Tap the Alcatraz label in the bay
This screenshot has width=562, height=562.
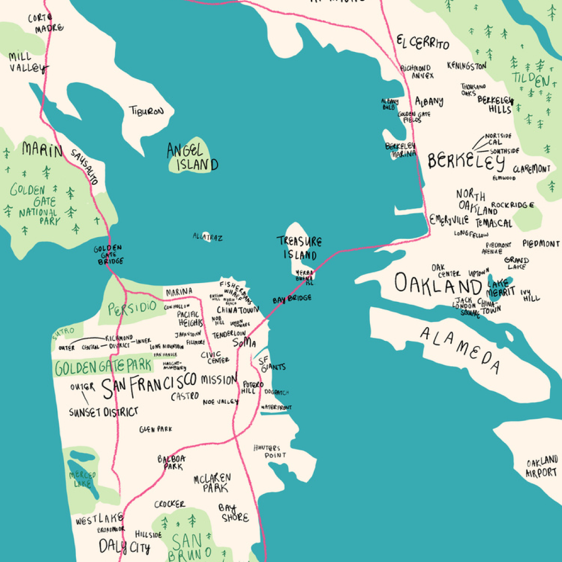coord(208,237)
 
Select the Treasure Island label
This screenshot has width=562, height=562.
coord(299,248)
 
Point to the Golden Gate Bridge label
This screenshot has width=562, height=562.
coord(108,255)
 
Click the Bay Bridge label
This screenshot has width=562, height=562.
coord(292,299)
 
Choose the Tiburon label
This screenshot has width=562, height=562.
coord(147,111)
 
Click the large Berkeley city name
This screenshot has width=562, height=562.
coord(466,162)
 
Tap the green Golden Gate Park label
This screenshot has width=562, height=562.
coord(103,367)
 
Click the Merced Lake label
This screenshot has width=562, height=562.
coord(82,479)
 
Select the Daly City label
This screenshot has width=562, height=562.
coord(124,547)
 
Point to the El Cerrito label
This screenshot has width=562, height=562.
coord(423,43)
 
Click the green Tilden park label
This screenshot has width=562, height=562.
coord(531,80)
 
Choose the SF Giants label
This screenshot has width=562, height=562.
coord(272,363)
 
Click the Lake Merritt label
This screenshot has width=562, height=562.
coord(501,287)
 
